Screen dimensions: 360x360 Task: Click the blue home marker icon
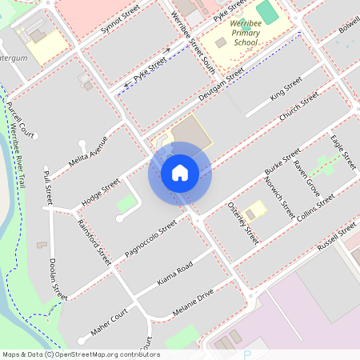pyautogui.click(x=180, y=173)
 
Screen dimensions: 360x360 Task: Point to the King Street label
pyautogui.click(x=286, y=88)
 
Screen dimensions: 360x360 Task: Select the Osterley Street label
pyautogui.click(x=243, y=221)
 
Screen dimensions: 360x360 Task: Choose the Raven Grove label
pyautogui.click(x=306, y=179)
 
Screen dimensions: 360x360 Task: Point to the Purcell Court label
pyautogui.click(x=20, y=119)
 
